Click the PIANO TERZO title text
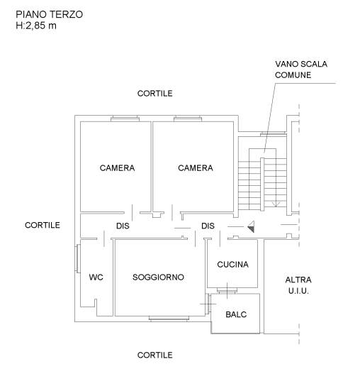[x=49, y=14]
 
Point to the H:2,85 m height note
[x=36, y=26]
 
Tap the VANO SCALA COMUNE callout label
[x=301, y=70]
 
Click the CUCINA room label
[x=232, y=265]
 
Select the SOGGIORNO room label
[x=158, y=277]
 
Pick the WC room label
[x=96, y=277]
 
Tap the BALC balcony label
[x=236, y=314]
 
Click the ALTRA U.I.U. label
[x=298, y=285]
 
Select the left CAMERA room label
[x=117, y=168]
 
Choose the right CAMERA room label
[x=196, y=168]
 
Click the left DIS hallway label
[x=123, y=226]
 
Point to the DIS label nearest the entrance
[x=208, y=226]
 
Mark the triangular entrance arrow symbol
[x=251, y=227]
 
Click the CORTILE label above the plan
[x=155, y=94]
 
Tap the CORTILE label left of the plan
[x=43, y=225]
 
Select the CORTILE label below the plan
[x=155, y=355]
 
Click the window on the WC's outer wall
[x=78, y=258]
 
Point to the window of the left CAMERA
[x=125, y=118]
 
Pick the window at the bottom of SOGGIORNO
[x=169, y=319]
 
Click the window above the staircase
[x=273, y=134]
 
